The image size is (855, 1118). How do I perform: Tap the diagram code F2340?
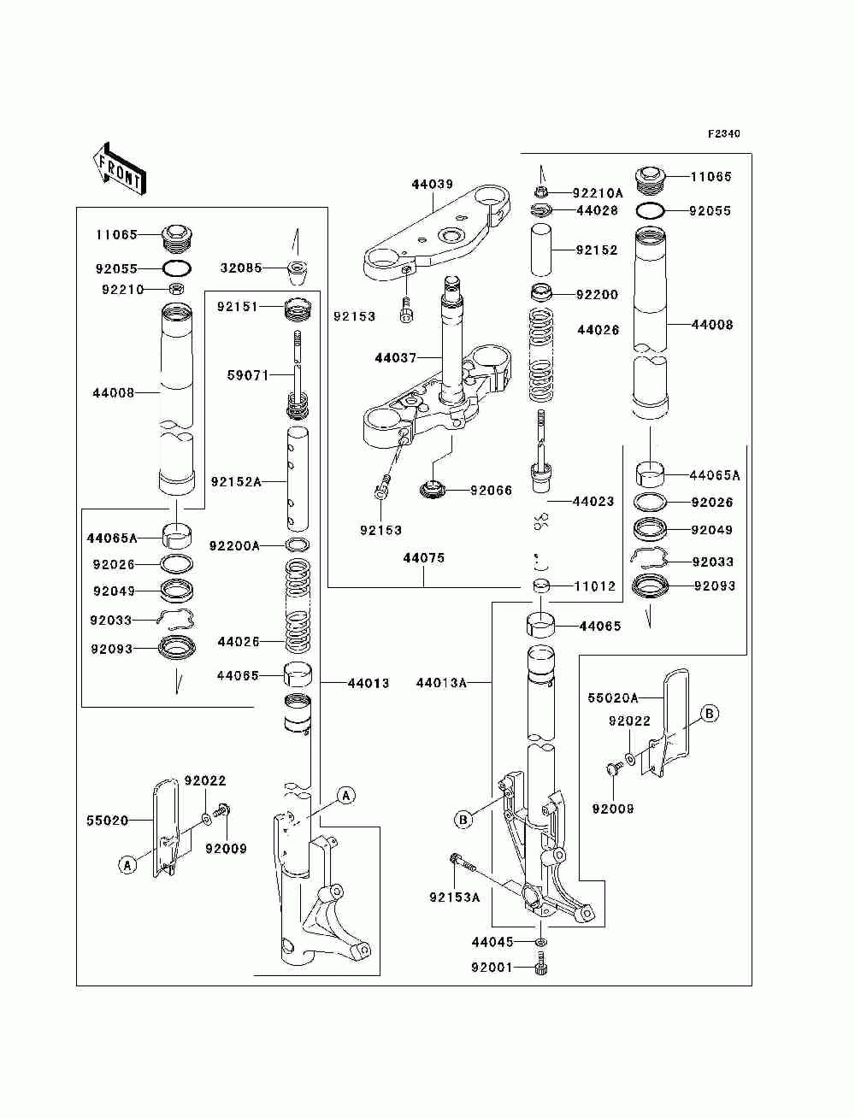[x=723, y=133]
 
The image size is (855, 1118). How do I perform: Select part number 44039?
[x=432, y=184]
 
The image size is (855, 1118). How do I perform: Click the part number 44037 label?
[x=395, y=358]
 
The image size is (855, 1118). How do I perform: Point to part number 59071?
[x=248, y=375]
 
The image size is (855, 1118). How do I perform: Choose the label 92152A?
[x=236, y=481]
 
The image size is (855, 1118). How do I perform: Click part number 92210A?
[x=598, y=193]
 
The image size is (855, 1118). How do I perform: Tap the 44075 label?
[x=424, y=558]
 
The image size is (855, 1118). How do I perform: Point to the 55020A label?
[x=613, y=697]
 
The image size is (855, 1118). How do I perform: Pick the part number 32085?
[x=241, y=268]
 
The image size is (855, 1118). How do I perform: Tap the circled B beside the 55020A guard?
[x=710, y=714]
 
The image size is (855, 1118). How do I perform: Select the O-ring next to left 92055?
[x=176, y=268]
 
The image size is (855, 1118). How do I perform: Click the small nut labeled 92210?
[x=176, y=289]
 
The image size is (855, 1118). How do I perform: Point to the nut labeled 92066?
[x=433, y=490]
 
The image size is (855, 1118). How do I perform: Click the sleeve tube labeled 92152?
[x=540, y=250]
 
